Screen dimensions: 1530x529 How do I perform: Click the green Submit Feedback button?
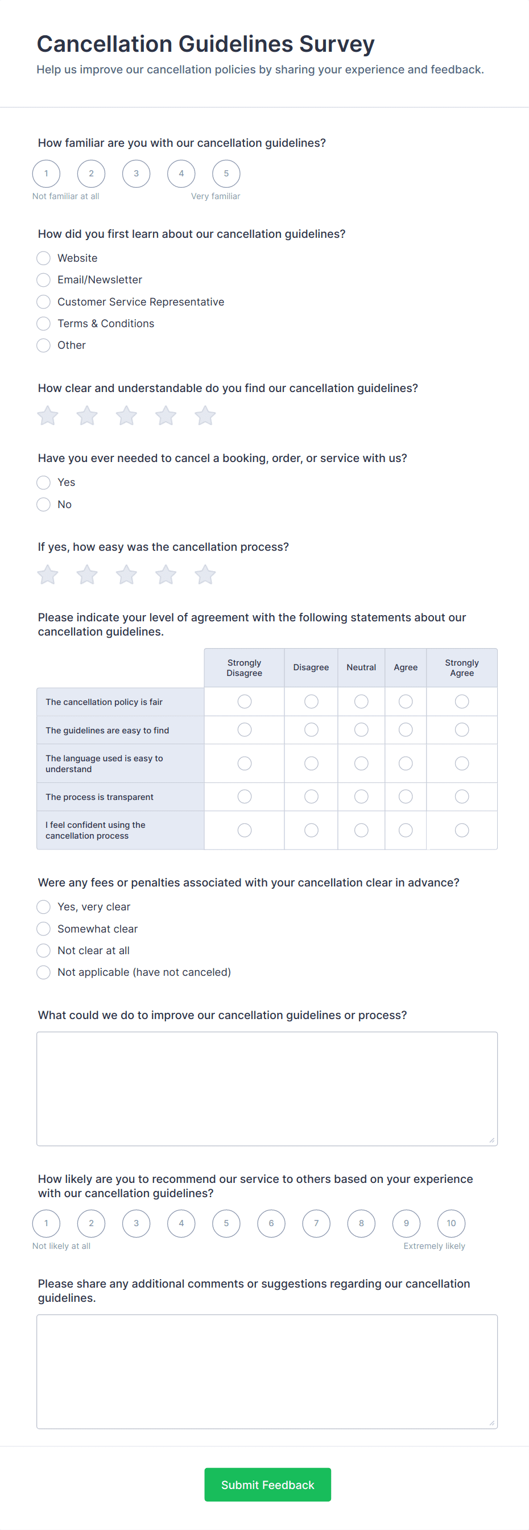coord(267,1484)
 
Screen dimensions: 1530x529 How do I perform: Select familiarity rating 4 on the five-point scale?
coord(181,174)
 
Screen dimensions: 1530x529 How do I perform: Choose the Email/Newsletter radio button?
coord(43,280)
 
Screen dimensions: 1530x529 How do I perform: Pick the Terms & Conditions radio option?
coord(43,324)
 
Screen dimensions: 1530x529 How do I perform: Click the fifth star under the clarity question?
coord(205,416)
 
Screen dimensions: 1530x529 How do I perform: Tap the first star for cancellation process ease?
coord(48,575)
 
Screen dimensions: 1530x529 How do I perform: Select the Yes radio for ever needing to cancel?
coord(43,482)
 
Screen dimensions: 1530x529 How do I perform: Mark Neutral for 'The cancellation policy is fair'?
coord(361,702)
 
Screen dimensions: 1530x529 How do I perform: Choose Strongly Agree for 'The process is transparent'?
coord(461,797)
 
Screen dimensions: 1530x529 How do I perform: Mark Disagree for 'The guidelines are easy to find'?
coord(311,730)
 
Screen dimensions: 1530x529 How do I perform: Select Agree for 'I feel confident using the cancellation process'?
coord(406,830)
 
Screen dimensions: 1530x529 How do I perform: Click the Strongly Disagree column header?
coord(244,667)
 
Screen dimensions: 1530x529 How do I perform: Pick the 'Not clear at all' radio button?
coord(43,950)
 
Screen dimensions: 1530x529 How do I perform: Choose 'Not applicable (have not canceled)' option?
coord(43,972)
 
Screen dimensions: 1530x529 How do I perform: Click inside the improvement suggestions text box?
coord(267,1088)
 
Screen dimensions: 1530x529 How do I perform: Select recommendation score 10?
coord(451,1223)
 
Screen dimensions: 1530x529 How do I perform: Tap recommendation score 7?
coord(316,1223)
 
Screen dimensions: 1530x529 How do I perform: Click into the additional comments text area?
coord(267,1371)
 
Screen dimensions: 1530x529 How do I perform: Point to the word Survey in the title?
coord(337,44)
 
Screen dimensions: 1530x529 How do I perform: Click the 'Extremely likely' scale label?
coord(434,1246)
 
